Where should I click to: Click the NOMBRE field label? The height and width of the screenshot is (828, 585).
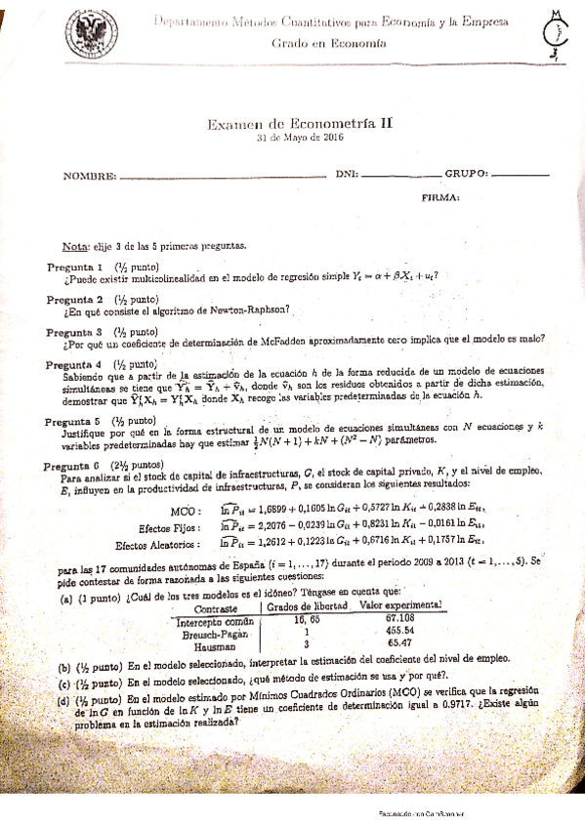pyautogui.click(x=90, y=177)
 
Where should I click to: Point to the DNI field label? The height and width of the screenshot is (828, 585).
pyautogui.click(x=347, y=174)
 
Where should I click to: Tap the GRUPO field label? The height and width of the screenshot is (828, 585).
pyautogui.click(x=465, y=173)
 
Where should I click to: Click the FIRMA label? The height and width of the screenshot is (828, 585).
pyautogui.click(x=440, y=197)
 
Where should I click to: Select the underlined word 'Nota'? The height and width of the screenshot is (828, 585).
pyautogui.click(x=74, y=246)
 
